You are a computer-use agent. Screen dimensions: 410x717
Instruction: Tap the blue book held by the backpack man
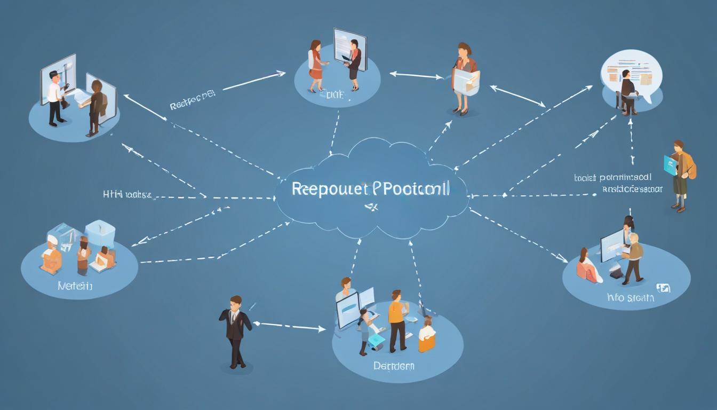click(670, 165)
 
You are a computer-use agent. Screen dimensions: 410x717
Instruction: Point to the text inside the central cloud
click(371, 189)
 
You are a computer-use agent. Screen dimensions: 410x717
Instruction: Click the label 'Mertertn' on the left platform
click(75, 287)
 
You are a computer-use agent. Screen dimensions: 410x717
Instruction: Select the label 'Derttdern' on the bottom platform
click(394, 367)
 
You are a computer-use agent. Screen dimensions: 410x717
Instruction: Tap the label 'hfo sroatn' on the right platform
click(630, 298)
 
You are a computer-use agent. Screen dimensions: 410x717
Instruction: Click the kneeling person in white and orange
click(426, 335)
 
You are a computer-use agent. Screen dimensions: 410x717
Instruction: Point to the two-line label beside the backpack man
click(618, 183)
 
